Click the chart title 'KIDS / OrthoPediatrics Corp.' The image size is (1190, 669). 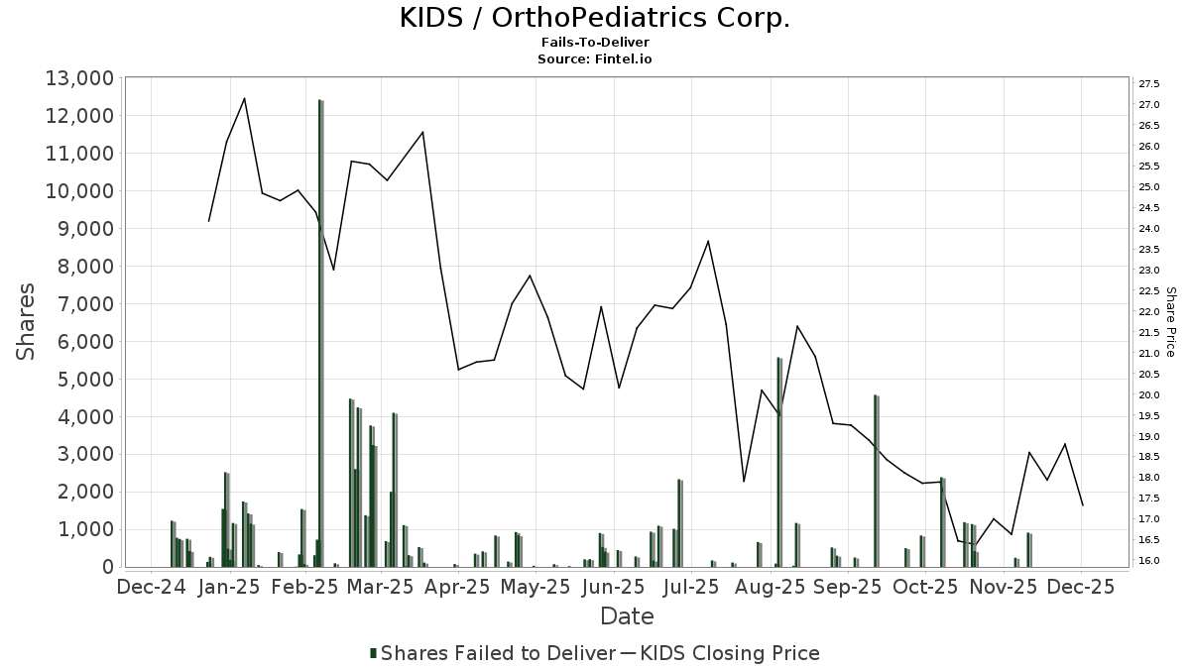pyautogui.click(x=595, y=18)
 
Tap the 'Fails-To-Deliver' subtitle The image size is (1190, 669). pyautogui.click(x=595, y=43)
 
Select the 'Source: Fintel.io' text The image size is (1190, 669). pyautogui.click(x=595, y=58)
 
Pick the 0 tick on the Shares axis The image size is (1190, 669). pyautogui.click(x=103, y=567)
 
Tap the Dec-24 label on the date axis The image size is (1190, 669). pyautogui.click(x=152, y=587)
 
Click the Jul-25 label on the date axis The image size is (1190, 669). pyautogui.click(x=691, y=587)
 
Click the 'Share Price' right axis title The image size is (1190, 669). pyautogui.click(x=1171, y=322)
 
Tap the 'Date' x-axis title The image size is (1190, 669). pyautogui.click(x=627, y=616)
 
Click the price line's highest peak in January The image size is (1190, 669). pyautogui.click(x=244, y=98)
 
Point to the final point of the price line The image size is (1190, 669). pyautogui.click(x=1082, y=505)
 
